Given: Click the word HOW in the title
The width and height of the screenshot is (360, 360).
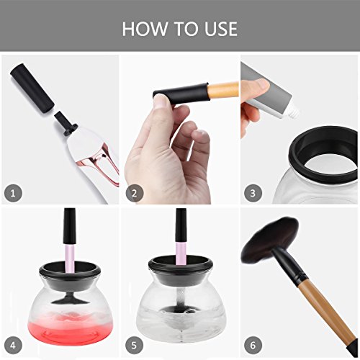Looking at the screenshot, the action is pos(145,29).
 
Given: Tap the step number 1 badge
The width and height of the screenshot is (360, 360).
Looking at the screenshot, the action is pos(13,193).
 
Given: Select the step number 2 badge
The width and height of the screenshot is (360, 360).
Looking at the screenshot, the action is pos(135,193).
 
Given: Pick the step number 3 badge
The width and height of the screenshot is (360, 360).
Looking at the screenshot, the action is pos(253,193).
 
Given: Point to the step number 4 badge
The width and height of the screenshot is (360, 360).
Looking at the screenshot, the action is pos(13,346).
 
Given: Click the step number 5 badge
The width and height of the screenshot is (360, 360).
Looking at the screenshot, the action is pos(135,346).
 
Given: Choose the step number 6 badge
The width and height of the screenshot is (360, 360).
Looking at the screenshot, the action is pos(253,346).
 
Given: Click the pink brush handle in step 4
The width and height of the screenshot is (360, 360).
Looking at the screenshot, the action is pos(70,258).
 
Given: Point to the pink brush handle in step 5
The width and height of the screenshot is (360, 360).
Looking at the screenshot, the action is pos(181,253).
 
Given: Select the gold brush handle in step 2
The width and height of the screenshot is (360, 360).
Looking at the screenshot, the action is pos(223,90).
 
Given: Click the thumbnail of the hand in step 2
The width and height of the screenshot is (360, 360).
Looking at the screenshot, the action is pos(162,102).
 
